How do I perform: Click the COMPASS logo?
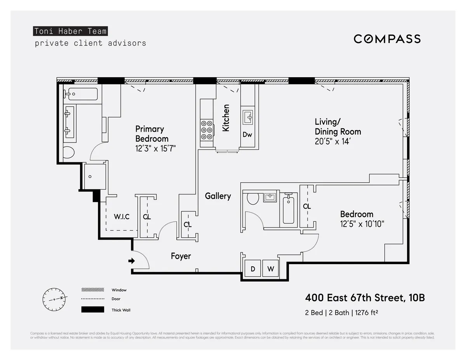pos(387,39)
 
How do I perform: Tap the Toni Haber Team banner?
pos(70,31)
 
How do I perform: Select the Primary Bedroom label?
pos(151,134)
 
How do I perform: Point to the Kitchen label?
pos(226,118)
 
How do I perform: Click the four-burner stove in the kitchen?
pos(207,130)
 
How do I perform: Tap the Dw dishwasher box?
pos(247,135)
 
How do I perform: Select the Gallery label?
pos(218,196)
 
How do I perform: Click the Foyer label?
pos(181,256)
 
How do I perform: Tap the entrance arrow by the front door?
pos(132,261)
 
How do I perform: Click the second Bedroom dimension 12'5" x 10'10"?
pos(362,224)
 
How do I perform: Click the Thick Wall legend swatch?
pos(93,310)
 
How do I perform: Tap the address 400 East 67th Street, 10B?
pos(365,298)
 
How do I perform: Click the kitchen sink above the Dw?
pos(248,116)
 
